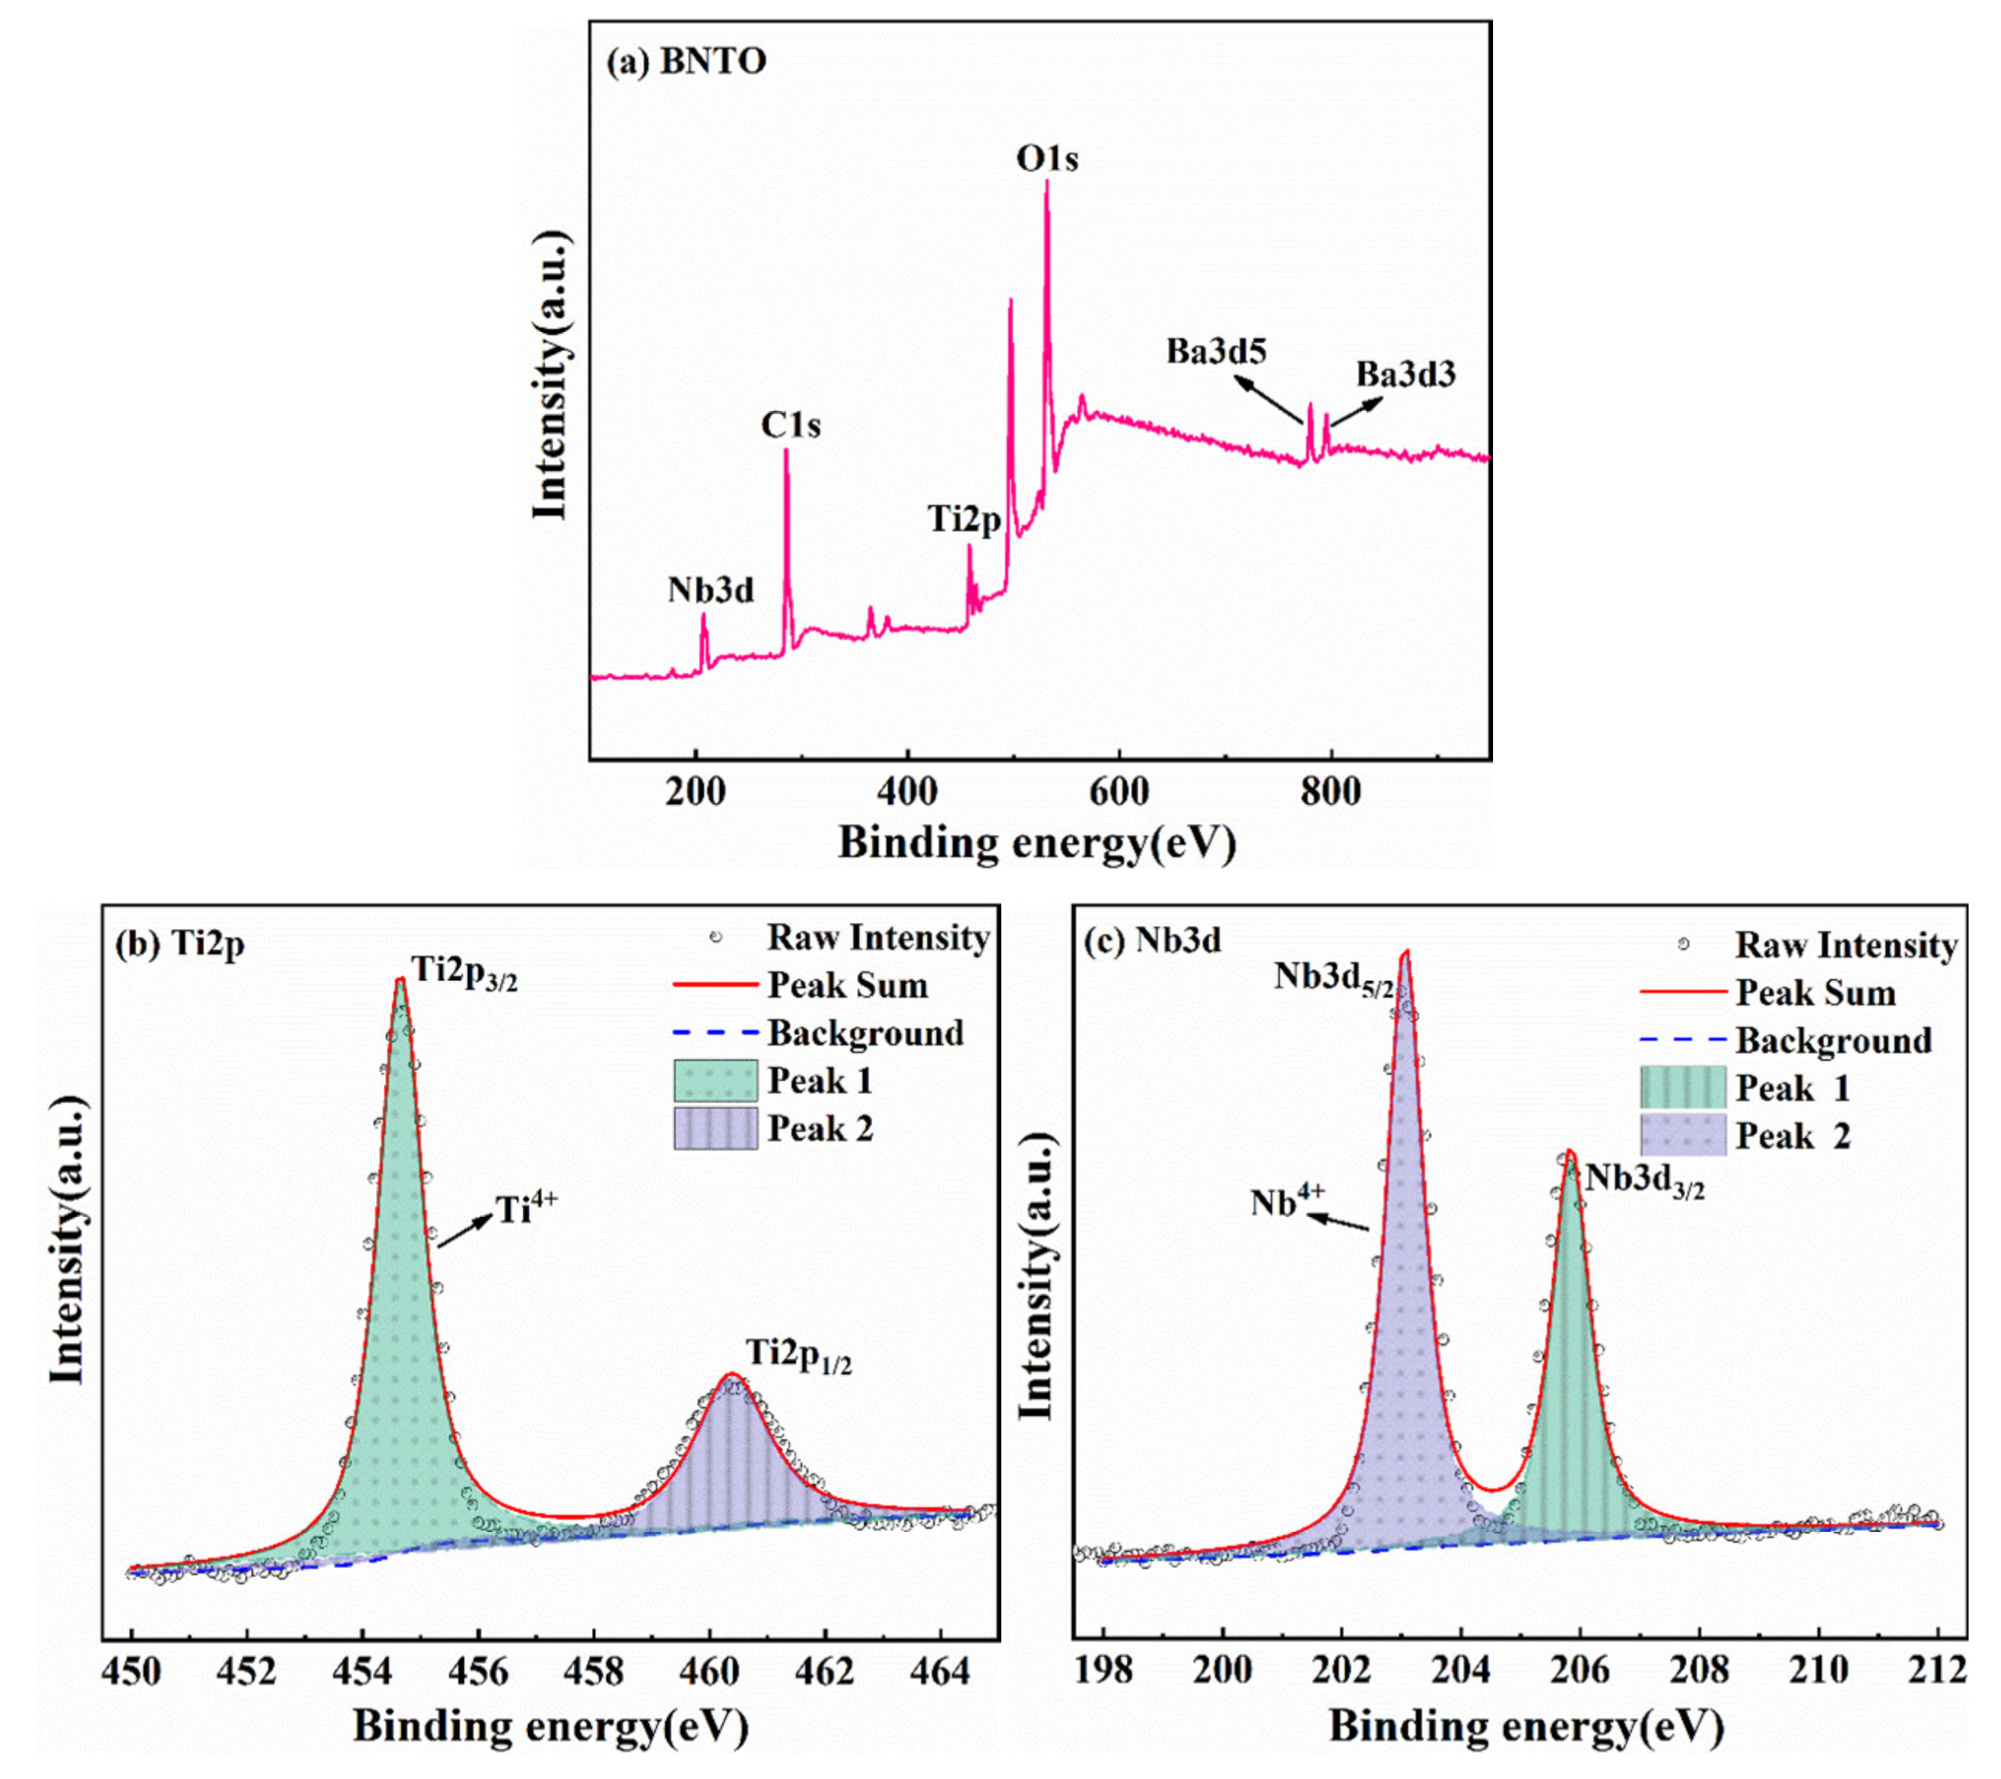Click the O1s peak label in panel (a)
(x=1047, y=158)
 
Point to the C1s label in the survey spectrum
(x=791, y=426)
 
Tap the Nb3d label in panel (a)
(x=711, y=591)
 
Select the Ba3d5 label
(x=1216, y=351)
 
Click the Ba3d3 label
(x=1406, y=374)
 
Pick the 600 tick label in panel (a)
(x=1119, y=791)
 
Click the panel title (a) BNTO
(x=686, y=62)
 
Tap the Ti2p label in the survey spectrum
(x=964, y=520)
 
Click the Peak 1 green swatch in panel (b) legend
(x=716, y=1081)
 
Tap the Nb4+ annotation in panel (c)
(x=1288, y=1201)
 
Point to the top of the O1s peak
(x=1047, y=183)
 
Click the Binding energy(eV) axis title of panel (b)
(x=550, y=1726)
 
